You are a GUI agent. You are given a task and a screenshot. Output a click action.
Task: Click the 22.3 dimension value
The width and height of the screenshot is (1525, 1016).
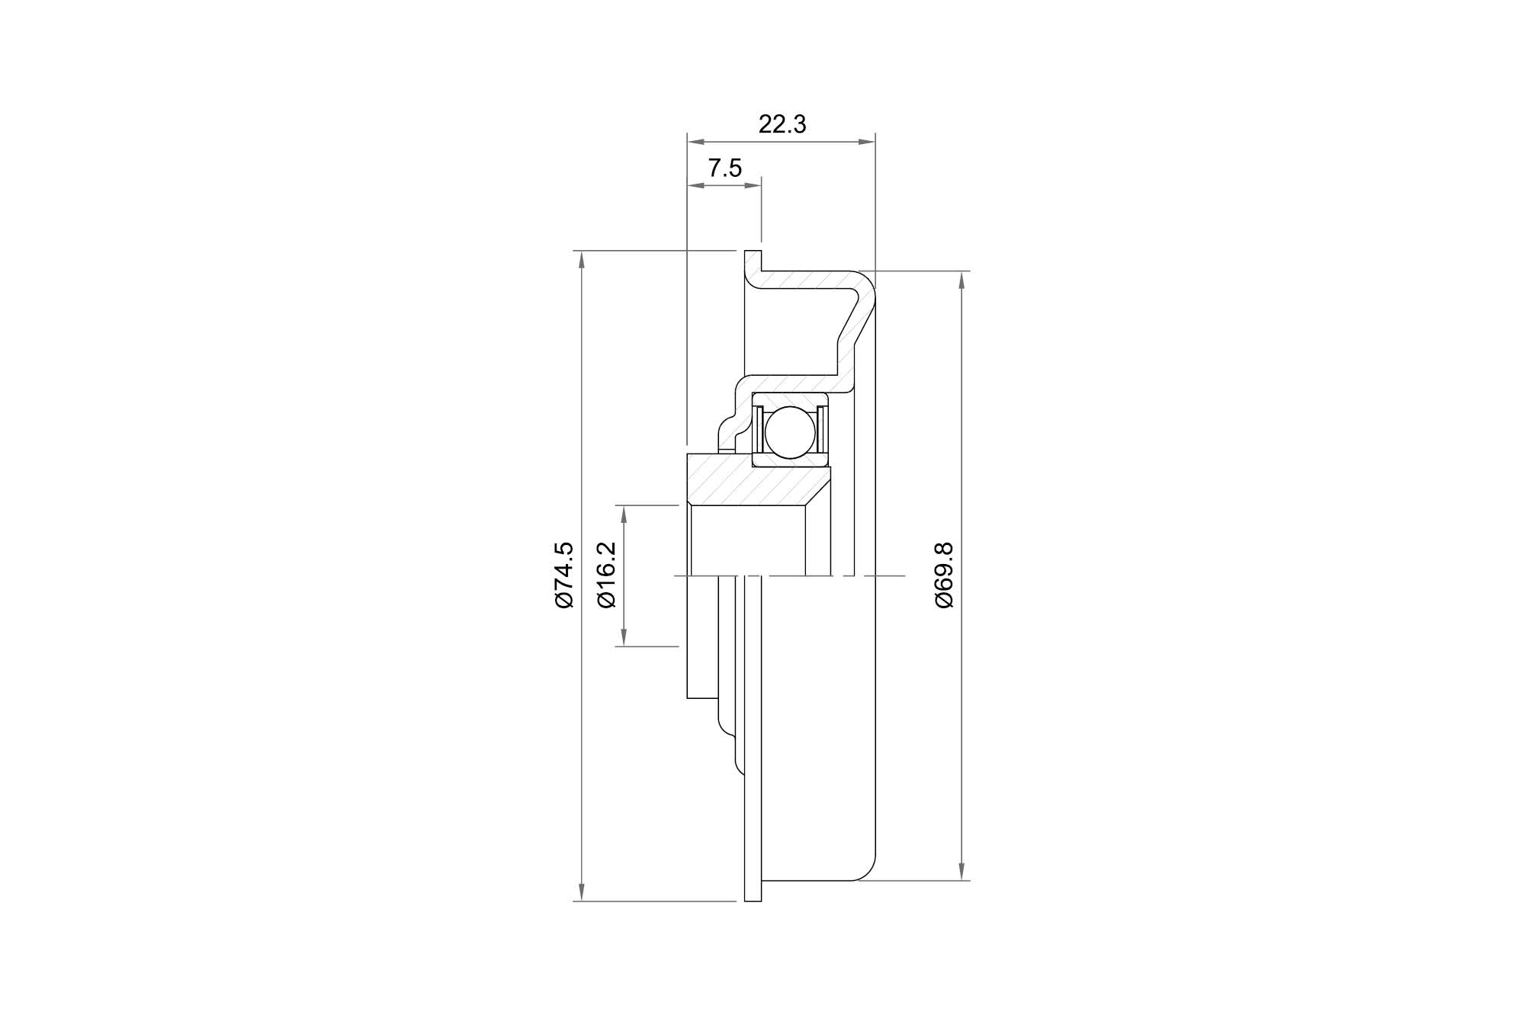pos(782,124)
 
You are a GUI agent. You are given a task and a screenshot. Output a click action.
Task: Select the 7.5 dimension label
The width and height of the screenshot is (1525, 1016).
pos(724,168)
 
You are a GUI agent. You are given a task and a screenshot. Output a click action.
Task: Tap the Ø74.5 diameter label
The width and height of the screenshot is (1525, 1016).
pos(563,575)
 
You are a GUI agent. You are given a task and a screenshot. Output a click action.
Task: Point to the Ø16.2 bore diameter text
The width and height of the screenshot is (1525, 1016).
pos(607,575)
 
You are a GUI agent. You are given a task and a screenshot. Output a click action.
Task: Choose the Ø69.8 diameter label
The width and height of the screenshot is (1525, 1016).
pos(944,575)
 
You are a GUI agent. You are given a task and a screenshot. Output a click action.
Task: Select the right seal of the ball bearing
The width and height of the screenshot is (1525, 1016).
pos(822,431)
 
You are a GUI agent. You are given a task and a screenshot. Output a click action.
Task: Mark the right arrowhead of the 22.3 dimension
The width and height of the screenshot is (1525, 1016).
pos(866,141)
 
